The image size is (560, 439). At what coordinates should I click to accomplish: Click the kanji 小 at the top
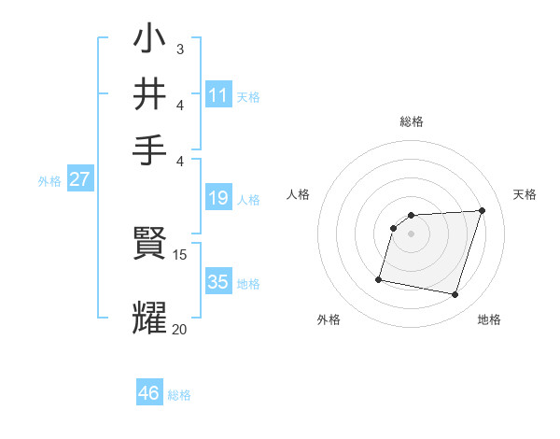pyautogui.click(x=150, y=40)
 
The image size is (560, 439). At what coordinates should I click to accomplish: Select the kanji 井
pyautogui.click(x=150, y=94)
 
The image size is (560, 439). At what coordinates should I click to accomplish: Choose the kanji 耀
pyautogui.click(x=150, y=316)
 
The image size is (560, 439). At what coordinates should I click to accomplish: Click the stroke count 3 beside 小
pyautogui.click(x=180, y=48)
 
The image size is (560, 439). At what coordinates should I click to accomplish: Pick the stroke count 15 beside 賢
pyautogui.click(x=180, y=254)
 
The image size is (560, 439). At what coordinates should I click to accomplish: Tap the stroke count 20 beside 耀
pyautogui.click(x=180, y=329)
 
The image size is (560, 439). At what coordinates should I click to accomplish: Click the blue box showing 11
pyautogui.click(x=218, y=95)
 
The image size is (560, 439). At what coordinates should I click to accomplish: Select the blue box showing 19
pyautogui.click(x=218, y=198)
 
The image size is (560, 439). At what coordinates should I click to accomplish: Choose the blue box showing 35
pyautogui.click(x=218, y=282)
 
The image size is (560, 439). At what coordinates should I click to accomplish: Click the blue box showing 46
pyautogui.click(x=149, y=393)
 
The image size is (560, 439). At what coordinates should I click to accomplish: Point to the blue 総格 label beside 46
pyautogui.click(x=179, y=395)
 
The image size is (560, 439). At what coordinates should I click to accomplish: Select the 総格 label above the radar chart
pyautogui.click(x=412, y=121)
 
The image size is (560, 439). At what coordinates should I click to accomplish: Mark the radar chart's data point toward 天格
pyautogui.click(x=482, y=210)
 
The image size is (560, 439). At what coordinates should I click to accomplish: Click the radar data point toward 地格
pyautogui.click(x=455, y=295)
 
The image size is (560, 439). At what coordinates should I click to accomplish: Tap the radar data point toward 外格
pyautogui.click(x=379, y=278)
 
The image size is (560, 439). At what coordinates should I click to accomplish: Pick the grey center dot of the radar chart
pyautogui.click(x=412, y=234)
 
